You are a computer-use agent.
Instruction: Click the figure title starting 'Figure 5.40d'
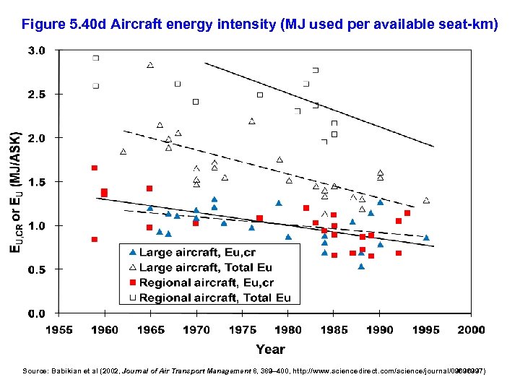(260, 25)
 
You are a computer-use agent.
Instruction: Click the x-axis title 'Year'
(270, 350)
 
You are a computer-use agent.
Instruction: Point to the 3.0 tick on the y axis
(38, 51)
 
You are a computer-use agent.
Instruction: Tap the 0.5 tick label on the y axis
(38, 269)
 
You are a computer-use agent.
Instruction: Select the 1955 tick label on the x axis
(59, 330)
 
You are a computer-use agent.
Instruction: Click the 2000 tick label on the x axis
(470, 330)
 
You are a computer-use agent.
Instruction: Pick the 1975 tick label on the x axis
(242, 330)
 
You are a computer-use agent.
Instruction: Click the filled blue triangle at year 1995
(426, 237)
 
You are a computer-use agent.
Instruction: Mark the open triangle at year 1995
(426, 200)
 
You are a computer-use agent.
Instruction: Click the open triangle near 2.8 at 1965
(150, 65)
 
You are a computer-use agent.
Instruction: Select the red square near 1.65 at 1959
(95, 168)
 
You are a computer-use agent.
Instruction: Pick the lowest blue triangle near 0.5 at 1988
(361, 266)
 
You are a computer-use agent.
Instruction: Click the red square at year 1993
(407, 213)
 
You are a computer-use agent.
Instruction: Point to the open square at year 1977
(260, 95)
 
